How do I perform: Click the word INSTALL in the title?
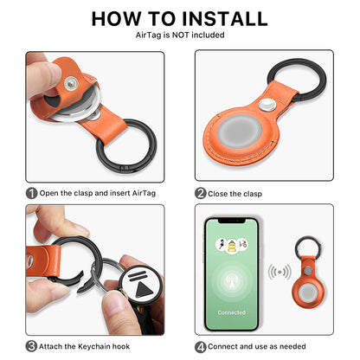[225, 18]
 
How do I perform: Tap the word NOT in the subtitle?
[181, 35]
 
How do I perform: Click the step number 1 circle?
[31, 193]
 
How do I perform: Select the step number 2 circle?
[200, 193]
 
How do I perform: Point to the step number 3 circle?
[31, 346]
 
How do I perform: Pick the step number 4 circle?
[200, 347]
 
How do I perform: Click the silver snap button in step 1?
[71, 83]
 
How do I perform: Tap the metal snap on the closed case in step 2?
[267, 105]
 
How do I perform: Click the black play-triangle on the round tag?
[145, 289]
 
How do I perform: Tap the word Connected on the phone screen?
[232, 312]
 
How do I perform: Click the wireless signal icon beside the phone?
[280, 272]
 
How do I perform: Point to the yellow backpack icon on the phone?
[232, 246]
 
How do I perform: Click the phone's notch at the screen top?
[232, 221]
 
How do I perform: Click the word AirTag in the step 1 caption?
[144, 193]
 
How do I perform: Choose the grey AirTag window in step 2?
[240, 132]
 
